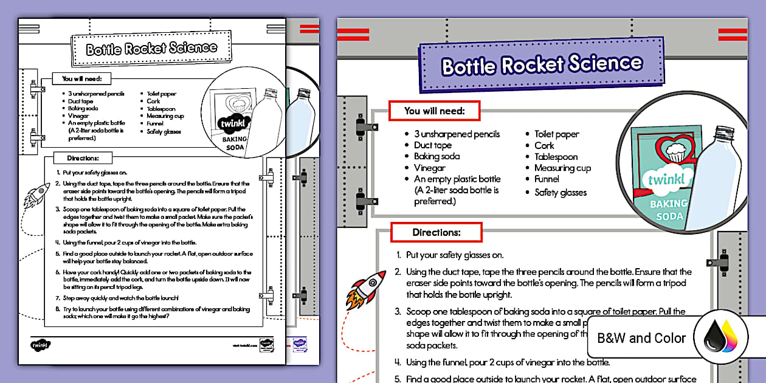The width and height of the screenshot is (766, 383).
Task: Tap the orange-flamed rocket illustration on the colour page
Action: [366, 289]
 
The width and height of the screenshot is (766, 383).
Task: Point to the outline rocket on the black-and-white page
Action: [36, 195]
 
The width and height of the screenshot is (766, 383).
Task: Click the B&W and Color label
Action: [641, 338]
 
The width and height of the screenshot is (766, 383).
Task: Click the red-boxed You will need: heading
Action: [434, 111]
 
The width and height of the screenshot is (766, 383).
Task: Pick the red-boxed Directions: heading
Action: [436, 232]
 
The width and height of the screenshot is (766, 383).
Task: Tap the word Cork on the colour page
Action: [544, 145]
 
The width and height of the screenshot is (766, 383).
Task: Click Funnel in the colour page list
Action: [547, 179]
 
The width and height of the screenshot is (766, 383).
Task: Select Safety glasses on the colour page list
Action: [561, 193]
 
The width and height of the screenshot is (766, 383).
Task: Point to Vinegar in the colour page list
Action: [430, 168]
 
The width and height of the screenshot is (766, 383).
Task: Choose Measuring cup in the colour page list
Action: [562, 168]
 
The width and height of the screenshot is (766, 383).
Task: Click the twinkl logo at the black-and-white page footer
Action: [41, 345]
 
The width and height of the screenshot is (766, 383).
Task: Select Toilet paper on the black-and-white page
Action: [161, 94]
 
